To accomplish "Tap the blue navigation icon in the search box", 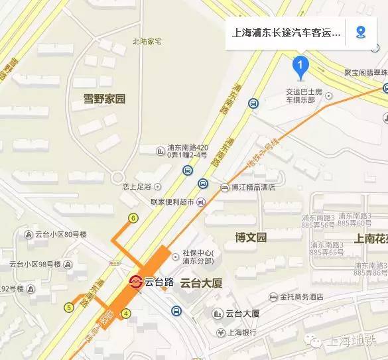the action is [x=361, y=32].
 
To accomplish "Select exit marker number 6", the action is [x=133, y=218].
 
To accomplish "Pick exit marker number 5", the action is [x=69, y=307].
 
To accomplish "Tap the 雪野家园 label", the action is [x=104, y=99].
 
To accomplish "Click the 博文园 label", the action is [x=251, y=237].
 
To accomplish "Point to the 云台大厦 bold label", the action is [x=201, y=282].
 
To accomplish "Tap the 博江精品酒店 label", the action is [x=253, y=188].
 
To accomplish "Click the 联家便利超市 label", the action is [x=172, y=202].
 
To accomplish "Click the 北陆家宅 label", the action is [x=147, y=41].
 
